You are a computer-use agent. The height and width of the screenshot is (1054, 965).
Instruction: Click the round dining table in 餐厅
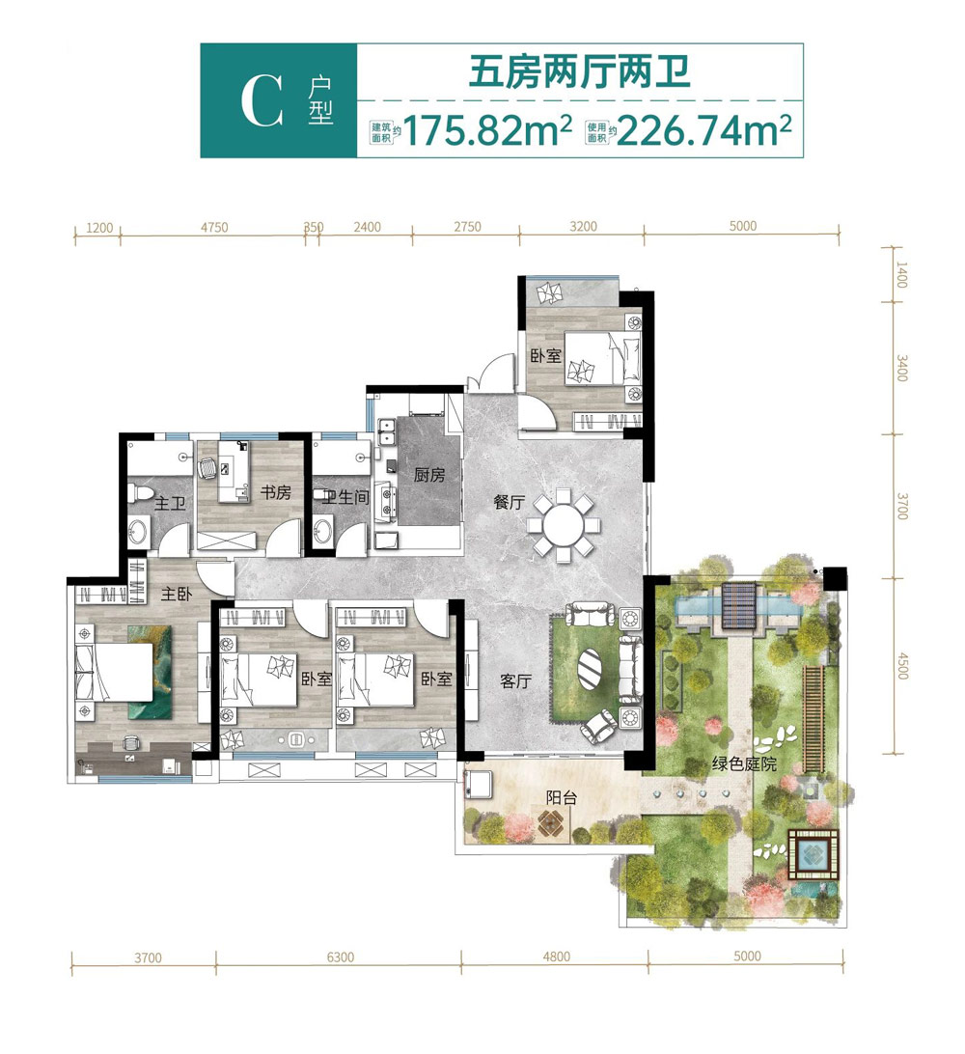pos(564,526)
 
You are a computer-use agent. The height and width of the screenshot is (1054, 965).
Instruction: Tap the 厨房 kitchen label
pos(429,475)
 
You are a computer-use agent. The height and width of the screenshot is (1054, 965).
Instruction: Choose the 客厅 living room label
pos(517,680)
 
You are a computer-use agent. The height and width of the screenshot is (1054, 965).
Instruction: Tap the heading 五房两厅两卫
pos(579,73)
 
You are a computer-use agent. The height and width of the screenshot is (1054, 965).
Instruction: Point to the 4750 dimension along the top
pos(213,228)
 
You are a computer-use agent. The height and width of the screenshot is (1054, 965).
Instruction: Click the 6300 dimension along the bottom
pos(341,957)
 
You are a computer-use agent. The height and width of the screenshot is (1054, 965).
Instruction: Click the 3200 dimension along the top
pos(583,228)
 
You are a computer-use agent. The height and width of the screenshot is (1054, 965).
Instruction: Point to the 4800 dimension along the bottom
pos(556,957)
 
